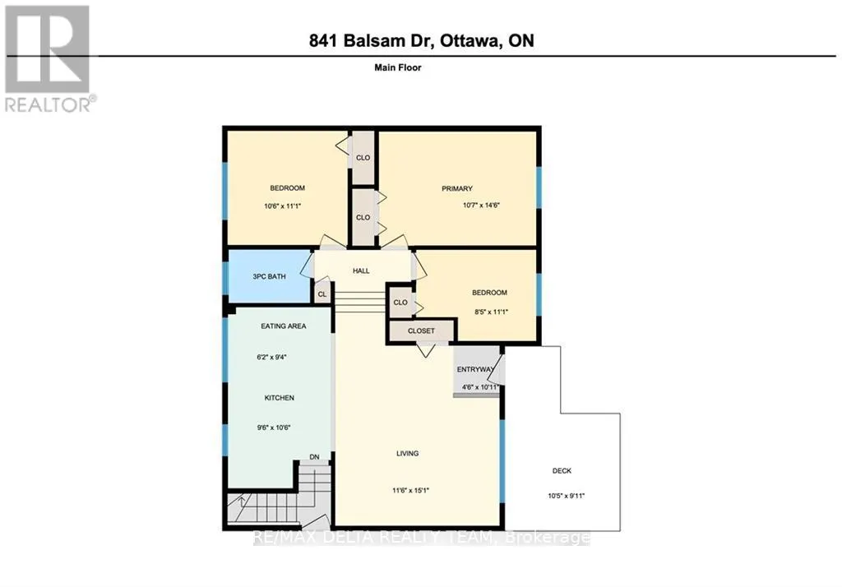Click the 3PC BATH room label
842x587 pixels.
269,276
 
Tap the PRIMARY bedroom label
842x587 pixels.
457,188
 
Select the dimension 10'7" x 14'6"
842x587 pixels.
482,206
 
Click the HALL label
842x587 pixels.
361,270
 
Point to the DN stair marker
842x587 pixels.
314,457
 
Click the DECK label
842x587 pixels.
562,471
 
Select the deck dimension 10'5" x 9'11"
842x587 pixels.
566,497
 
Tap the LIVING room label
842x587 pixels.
408,453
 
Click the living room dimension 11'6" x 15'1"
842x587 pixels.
411,490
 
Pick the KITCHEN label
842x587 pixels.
280,398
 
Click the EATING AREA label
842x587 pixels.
284,326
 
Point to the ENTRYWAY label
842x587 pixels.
476,369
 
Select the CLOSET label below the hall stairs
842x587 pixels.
421,330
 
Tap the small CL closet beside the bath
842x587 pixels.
322,294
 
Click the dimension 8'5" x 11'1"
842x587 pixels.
492,312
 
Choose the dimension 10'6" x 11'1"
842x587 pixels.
283,206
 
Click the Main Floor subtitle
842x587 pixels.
398,67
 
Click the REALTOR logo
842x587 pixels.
49,58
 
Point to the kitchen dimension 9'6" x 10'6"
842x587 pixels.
274,428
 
